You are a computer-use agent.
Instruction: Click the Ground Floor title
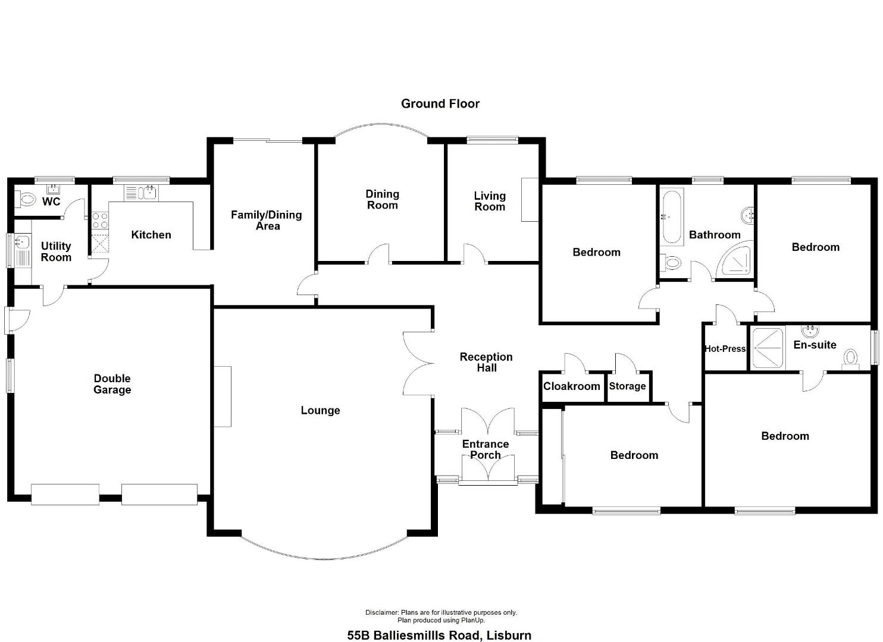(x=440, y=103)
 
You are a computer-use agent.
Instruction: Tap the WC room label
(x=51, y=202)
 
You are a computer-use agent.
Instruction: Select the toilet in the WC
(x=24, y=199)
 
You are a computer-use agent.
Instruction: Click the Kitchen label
(x=151, y=235)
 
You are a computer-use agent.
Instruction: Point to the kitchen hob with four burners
(x=100, y=221)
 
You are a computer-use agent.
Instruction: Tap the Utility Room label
(x=56, y=251)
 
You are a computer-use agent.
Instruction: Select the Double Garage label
(x=112, y=384)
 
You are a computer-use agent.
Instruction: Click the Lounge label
(x=320, y=410)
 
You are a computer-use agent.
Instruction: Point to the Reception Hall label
(x=486, y=363)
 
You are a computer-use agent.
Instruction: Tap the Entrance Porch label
(x=486, y=449)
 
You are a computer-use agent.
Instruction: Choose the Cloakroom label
(x=571, y=386)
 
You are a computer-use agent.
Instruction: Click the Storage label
(x=627, y=386)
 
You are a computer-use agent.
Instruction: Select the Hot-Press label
(x=725, y=348)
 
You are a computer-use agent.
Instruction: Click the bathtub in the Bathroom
(x=671, y=218)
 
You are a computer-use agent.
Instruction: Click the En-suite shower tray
(x=767, y=348)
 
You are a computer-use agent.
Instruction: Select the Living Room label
(x=490, y=202)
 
